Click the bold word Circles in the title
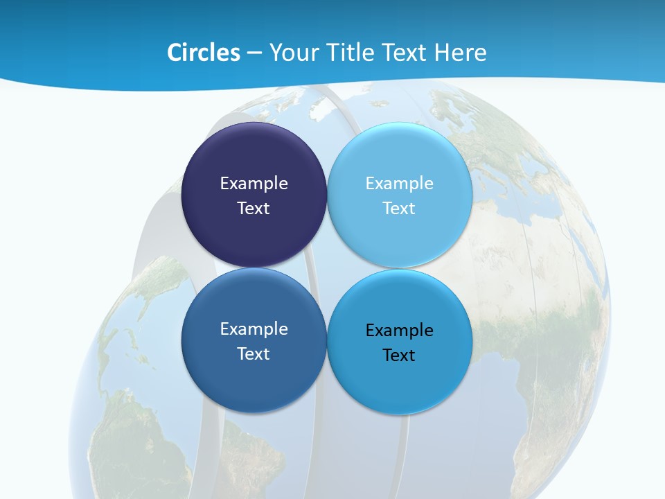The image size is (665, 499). point(204,53)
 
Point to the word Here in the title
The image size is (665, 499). point(461,53)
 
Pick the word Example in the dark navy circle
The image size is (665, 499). point(254,183)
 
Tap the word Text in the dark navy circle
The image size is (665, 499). point(254,208)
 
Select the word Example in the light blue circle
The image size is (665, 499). point(399,183)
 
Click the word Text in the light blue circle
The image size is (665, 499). point(399,208)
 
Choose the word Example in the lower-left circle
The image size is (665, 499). point(254,329)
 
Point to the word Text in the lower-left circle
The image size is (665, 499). point(254,353)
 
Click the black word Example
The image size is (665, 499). point(399,330)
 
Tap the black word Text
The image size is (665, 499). point(399,355)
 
